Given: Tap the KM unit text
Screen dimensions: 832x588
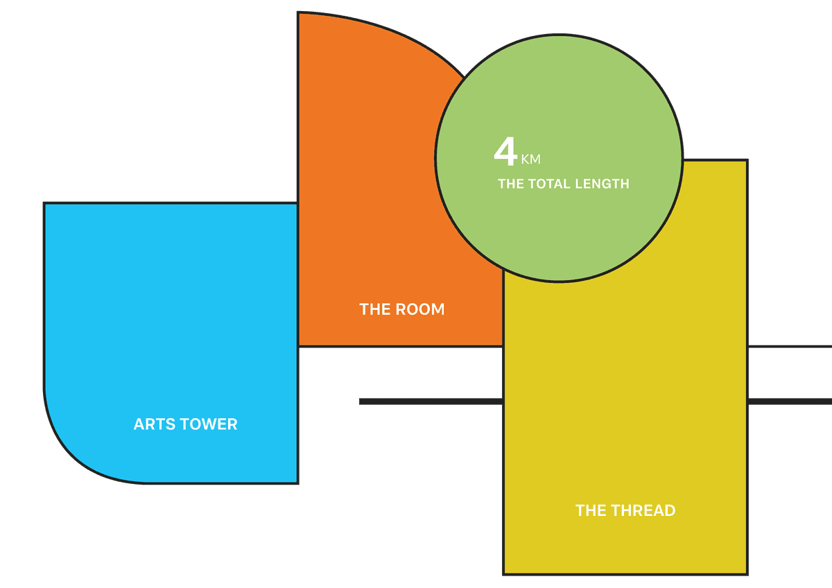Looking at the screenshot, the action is (x=531, y=159).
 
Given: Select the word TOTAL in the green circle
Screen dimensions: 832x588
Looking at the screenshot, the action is (x=549, y=184).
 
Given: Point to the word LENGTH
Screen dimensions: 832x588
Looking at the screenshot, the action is (x=602, y=184).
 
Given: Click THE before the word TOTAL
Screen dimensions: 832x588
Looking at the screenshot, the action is (x=511, y=184).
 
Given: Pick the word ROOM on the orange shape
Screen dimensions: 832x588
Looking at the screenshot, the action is (x=420, y=309).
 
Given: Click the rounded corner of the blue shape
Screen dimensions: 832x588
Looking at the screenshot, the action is (x=74, y=454).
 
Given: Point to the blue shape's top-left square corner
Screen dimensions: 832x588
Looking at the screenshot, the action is (x=44, y=203).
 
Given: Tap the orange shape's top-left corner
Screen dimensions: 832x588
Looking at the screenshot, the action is (x=298, y=12).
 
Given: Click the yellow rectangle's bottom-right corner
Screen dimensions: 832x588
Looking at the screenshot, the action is (x=747, y=574).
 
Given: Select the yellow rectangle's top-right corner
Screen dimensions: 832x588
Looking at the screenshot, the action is (x=747, y=160).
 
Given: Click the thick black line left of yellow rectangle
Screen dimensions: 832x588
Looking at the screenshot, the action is (x=431, y=401).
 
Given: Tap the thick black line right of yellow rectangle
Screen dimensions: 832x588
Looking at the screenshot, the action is (x=790, y=401).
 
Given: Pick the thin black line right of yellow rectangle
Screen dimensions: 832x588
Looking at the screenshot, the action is (x=790, y=347).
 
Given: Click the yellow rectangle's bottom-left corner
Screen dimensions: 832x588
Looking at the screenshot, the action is (x=503, y=574).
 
